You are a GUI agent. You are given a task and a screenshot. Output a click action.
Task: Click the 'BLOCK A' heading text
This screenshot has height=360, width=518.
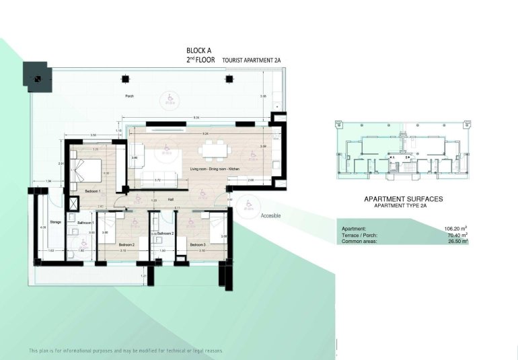pos(201,50)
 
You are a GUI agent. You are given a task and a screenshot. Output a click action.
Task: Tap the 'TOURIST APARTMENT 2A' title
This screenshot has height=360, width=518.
pos(250,60)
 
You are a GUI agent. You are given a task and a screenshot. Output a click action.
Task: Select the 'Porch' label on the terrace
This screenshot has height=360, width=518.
pos(129,96)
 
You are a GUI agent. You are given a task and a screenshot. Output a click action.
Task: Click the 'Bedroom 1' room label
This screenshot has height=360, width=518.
pos(93,191)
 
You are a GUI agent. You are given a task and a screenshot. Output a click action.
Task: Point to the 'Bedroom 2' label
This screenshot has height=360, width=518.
pos(127,244)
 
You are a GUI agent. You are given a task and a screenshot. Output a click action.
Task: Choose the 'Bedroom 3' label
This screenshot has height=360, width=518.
pos(197,244)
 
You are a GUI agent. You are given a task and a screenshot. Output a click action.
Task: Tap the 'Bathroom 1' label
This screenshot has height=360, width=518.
pos(85,222)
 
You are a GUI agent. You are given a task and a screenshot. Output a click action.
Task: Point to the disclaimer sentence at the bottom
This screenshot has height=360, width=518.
pos(125,351)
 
